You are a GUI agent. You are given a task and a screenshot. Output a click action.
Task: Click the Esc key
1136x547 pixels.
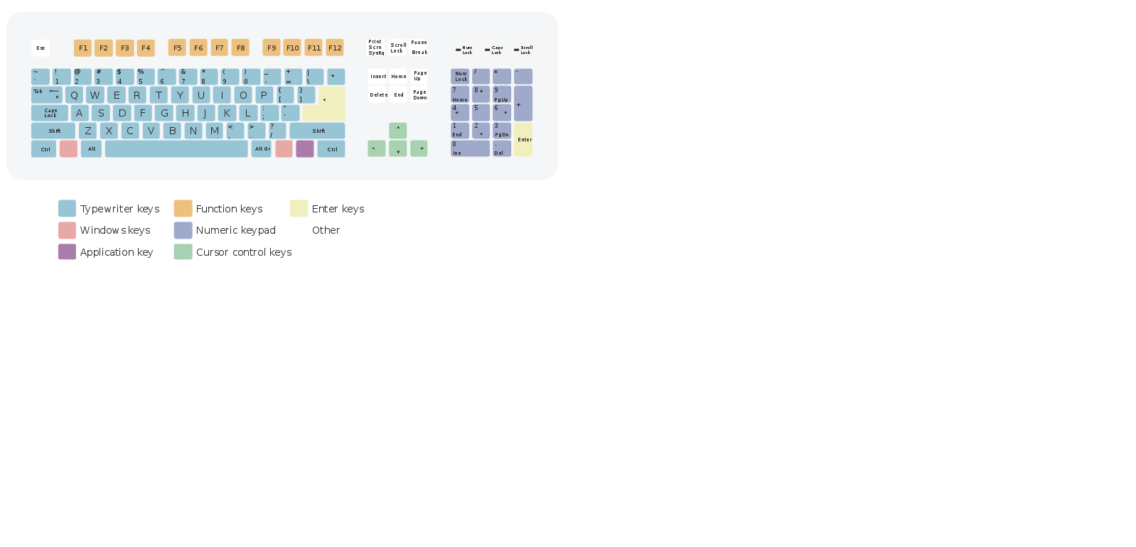click(x=41, y=48)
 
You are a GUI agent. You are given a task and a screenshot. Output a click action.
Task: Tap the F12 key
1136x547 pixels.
click(x=335, y=48)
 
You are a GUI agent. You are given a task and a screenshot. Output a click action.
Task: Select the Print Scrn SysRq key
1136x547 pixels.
click(x=376, y=48)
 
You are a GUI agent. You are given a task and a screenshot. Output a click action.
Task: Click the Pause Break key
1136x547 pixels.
click(x=419, y=48)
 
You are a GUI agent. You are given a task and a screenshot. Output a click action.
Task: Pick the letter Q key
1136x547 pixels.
click(x=74, y=95)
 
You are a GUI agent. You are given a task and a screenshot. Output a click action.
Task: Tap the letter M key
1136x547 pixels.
click(x=215, y=131)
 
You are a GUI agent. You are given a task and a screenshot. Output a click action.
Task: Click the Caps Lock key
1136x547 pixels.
click(x=50, y=113)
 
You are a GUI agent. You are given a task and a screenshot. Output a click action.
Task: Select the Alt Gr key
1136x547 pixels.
click(x=262, y=149)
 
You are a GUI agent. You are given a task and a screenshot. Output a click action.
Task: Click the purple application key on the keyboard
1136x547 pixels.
click(x=305, y=149)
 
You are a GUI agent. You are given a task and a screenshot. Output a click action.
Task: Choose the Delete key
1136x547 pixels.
click(x=377, y=95)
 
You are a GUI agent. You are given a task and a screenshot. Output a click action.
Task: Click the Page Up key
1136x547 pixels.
click(x=419, y=76)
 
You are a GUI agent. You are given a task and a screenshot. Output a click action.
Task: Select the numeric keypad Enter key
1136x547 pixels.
click(x=523, y=139)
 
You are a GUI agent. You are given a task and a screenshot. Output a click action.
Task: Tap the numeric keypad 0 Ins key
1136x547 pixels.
click(x=470, y=148)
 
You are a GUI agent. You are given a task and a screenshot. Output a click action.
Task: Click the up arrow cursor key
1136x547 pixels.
click(x=398, y=130)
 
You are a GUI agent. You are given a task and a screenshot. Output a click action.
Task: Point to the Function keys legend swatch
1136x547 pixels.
click(x=183, y=208)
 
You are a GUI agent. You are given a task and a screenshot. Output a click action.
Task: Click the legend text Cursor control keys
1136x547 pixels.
click(x=244, y=252)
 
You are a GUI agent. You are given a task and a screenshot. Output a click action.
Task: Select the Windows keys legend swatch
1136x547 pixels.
click(x=67, y=230)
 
